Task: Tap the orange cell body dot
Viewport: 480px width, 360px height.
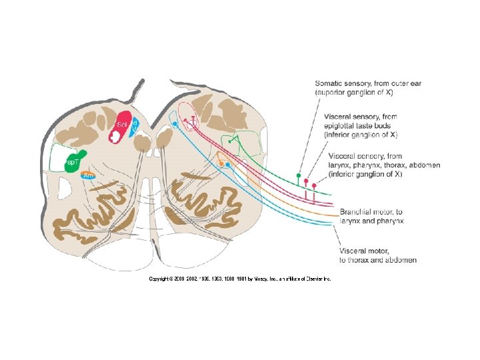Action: pos(221,163)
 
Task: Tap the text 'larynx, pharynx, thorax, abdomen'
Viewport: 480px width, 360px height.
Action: pos(383,165)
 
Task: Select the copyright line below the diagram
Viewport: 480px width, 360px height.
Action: pos(239,279)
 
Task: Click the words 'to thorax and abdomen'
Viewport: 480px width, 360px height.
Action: pos(378,259)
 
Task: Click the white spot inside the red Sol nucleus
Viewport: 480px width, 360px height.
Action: pos(116,135)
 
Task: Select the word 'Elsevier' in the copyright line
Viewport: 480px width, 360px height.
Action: pos(313,279)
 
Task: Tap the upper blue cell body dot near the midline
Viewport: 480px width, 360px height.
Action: pos(175,124)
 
